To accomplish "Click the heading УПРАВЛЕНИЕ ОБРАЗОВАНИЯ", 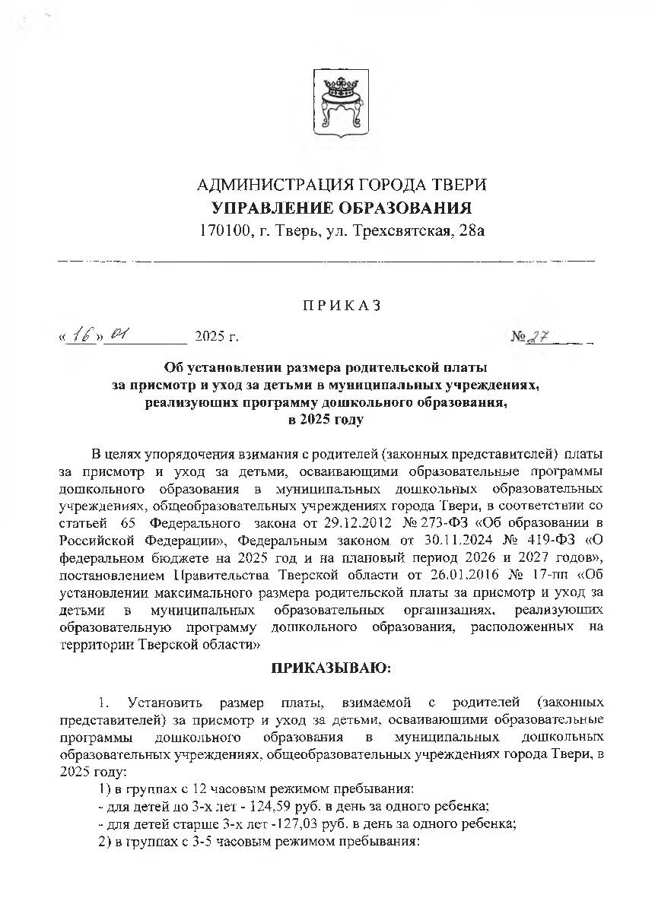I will [x=342, y=208].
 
